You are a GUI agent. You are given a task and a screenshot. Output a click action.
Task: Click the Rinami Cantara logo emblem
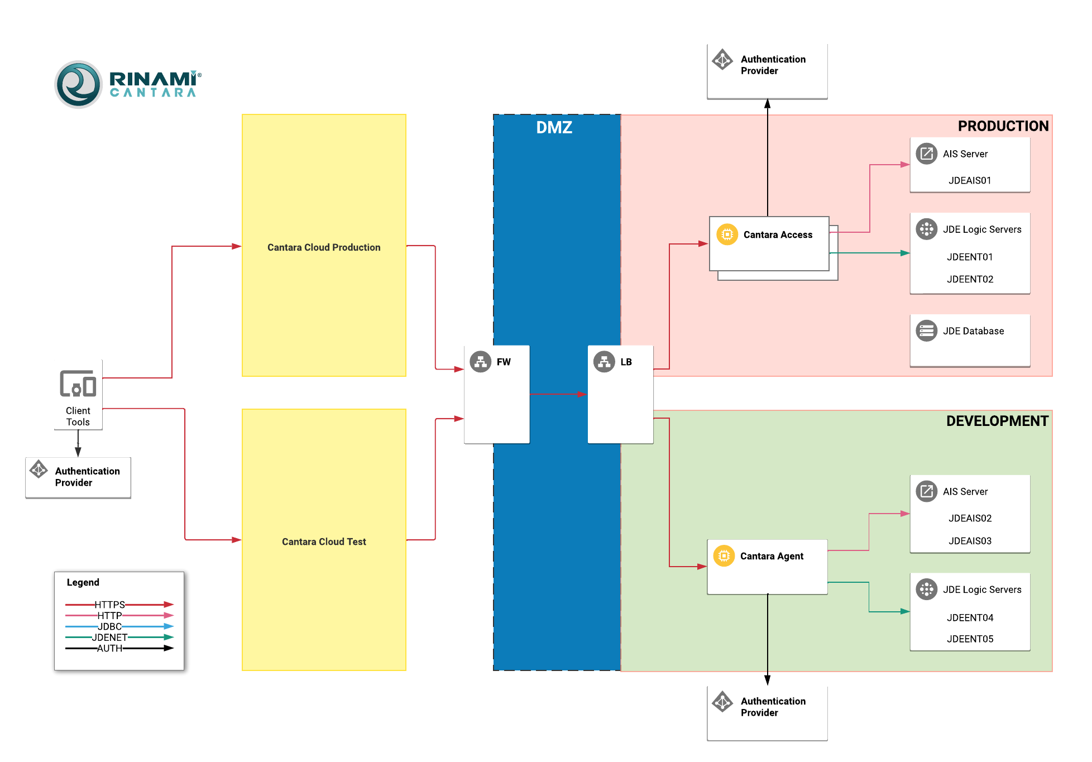click(x=79, y=84)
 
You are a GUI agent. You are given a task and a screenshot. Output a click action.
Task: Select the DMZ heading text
click(x=554, y=128)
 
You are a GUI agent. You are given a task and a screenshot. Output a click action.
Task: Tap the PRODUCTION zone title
click(x=1003, y=126)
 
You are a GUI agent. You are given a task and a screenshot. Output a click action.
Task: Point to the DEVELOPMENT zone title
click(x=997, y=421)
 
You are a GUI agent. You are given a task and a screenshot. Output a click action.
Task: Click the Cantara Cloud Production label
click(x=324, y=247)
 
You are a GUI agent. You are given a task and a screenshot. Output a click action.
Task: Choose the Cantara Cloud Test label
click(x=324, y=541)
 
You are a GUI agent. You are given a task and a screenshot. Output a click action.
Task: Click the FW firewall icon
click(x=480, y=362)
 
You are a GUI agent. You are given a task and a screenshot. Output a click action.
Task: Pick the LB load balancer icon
click(x=604, y=362)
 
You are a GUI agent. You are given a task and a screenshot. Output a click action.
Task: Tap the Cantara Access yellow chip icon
click(x=727, y=234)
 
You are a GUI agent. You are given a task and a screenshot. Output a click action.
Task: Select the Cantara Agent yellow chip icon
click(x=724, y=556)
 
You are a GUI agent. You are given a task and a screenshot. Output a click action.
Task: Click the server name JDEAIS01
click(x=970, y=180)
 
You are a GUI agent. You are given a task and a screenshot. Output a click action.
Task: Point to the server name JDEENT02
click(x=970, y=279)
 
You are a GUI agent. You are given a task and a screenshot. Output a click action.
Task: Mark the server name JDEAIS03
click(x=970, y=540)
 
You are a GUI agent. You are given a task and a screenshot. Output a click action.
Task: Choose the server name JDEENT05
click(x=970, y=639)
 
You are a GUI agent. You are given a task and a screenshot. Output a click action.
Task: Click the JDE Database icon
click(x=927, y=330)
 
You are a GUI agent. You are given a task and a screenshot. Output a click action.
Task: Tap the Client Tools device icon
click(x=78, y=384)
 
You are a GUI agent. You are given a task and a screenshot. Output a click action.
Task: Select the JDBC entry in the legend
click(x=110, y=626)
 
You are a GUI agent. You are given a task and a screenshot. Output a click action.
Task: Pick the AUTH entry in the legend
click(x=110, y=648)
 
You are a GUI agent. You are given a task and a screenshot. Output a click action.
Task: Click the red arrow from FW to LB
click(x=558, y=394)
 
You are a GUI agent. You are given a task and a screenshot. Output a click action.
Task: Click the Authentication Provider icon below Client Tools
click(x=39, y=469)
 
